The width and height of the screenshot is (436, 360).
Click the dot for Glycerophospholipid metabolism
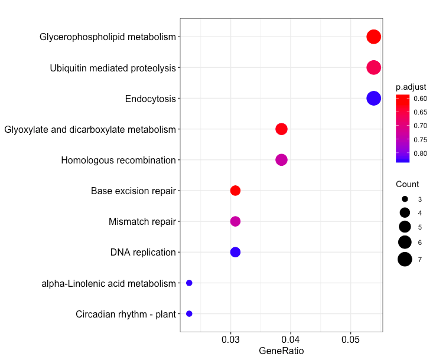pos(373,37)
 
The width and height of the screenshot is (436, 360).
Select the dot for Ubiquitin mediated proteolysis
pos(373,67)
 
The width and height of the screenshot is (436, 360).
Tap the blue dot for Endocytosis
pos(373,99)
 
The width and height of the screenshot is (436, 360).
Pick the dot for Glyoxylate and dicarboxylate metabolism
pos(281,129)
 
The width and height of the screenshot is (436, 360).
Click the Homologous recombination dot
pos(281,160)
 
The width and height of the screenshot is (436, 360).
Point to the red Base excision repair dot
pos(235,191)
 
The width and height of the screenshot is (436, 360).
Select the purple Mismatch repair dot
pos(235,221)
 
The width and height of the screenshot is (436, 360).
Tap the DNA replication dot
pos(235,252)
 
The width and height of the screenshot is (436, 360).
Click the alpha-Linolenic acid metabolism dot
pos(189,283)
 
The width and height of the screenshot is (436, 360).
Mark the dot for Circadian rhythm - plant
pos(189,314)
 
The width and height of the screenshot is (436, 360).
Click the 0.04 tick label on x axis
pos(291,340)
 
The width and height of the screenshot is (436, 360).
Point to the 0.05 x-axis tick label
pos(351,340)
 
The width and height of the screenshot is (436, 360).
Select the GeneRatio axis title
pos(281,352)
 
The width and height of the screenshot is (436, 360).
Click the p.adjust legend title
pos(411,87)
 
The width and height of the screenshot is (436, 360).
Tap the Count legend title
pos(408,184)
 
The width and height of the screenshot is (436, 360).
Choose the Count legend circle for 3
pos(405,199)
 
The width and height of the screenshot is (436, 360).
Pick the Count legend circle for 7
pos(405,258)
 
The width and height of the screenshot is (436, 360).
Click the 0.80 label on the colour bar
pos(421,153)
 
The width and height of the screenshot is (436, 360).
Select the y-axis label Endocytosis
pos(150,99)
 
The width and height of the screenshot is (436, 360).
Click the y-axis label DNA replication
pos(143,253)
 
